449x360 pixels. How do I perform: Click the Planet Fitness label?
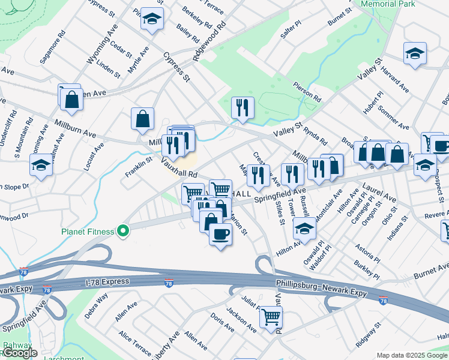88,232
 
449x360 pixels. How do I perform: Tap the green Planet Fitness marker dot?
124,230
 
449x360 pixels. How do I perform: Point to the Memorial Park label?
388,4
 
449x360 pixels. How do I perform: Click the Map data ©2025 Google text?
412,355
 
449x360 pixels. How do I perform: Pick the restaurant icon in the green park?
243,108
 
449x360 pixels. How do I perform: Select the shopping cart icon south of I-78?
271,316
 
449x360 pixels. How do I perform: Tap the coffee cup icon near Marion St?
220,233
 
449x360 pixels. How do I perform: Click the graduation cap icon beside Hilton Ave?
304,228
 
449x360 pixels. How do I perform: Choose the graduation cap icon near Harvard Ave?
415,53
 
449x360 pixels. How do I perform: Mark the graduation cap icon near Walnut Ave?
41,164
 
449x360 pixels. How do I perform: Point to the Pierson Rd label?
308,92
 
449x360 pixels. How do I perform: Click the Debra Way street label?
96,303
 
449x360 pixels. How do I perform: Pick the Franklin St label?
139,166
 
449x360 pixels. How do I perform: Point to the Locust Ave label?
94,157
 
